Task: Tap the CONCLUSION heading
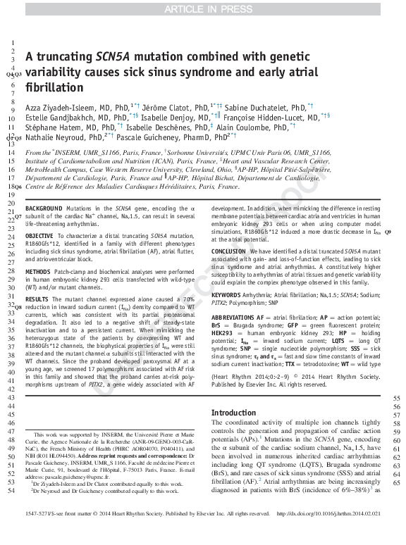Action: coord(229,251)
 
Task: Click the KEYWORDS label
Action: coord(226,294)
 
